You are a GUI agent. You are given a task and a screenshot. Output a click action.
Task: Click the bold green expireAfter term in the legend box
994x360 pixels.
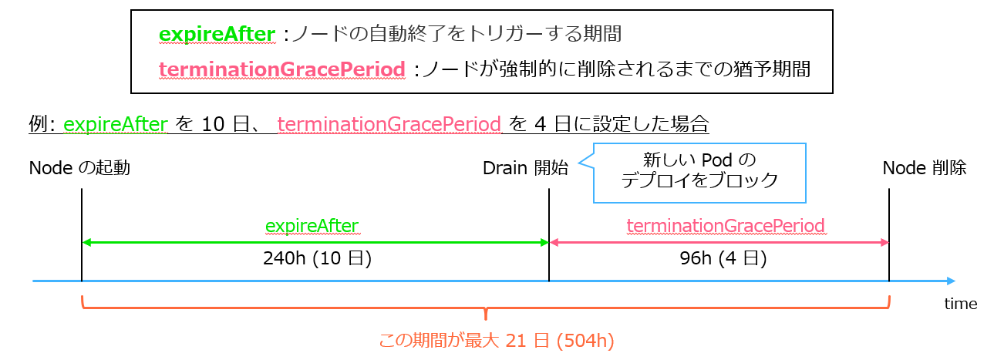pos(217,34)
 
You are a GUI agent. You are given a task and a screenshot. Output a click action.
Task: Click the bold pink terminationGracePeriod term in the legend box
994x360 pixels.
pos(282,69)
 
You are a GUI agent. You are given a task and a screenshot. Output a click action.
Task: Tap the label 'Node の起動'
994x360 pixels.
pos(79,168)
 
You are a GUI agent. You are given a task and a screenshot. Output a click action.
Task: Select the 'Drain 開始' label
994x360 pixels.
pos(525,168)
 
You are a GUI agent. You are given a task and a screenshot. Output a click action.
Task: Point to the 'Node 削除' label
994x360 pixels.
pos(925,168)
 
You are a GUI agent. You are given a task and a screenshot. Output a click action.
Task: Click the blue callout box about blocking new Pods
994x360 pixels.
pos(699,173)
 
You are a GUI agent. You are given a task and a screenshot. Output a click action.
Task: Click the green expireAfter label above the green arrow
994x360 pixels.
pos(312,226)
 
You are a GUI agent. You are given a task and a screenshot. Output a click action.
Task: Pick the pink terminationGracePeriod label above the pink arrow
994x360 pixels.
pos(726,226)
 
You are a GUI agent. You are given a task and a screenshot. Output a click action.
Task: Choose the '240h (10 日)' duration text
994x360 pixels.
pos(317,258)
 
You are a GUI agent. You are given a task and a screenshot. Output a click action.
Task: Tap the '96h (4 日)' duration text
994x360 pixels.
pos(723,258)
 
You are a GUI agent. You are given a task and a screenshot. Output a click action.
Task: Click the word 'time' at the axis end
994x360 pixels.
pos(961,304)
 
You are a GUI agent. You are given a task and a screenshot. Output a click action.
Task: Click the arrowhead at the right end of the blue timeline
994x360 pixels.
pos(951,281)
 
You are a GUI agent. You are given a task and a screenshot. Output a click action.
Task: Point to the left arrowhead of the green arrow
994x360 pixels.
pos(87,243)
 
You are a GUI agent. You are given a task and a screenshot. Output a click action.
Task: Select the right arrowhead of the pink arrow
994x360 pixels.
pos(884,243)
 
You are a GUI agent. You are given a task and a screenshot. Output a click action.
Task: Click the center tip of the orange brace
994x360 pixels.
pos(486,318)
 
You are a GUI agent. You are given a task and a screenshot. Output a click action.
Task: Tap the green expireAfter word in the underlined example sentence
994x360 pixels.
pos(116,124)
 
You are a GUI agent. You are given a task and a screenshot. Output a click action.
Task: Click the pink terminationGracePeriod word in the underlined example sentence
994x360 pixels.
pos(389,124)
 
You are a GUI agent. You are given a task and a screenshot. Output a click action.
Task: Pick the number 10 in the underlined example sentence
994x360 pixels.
pos(213,124)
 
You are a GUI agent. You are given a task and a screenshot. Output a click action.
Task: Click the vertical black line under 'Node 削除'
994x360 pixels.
pos(889,235)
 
